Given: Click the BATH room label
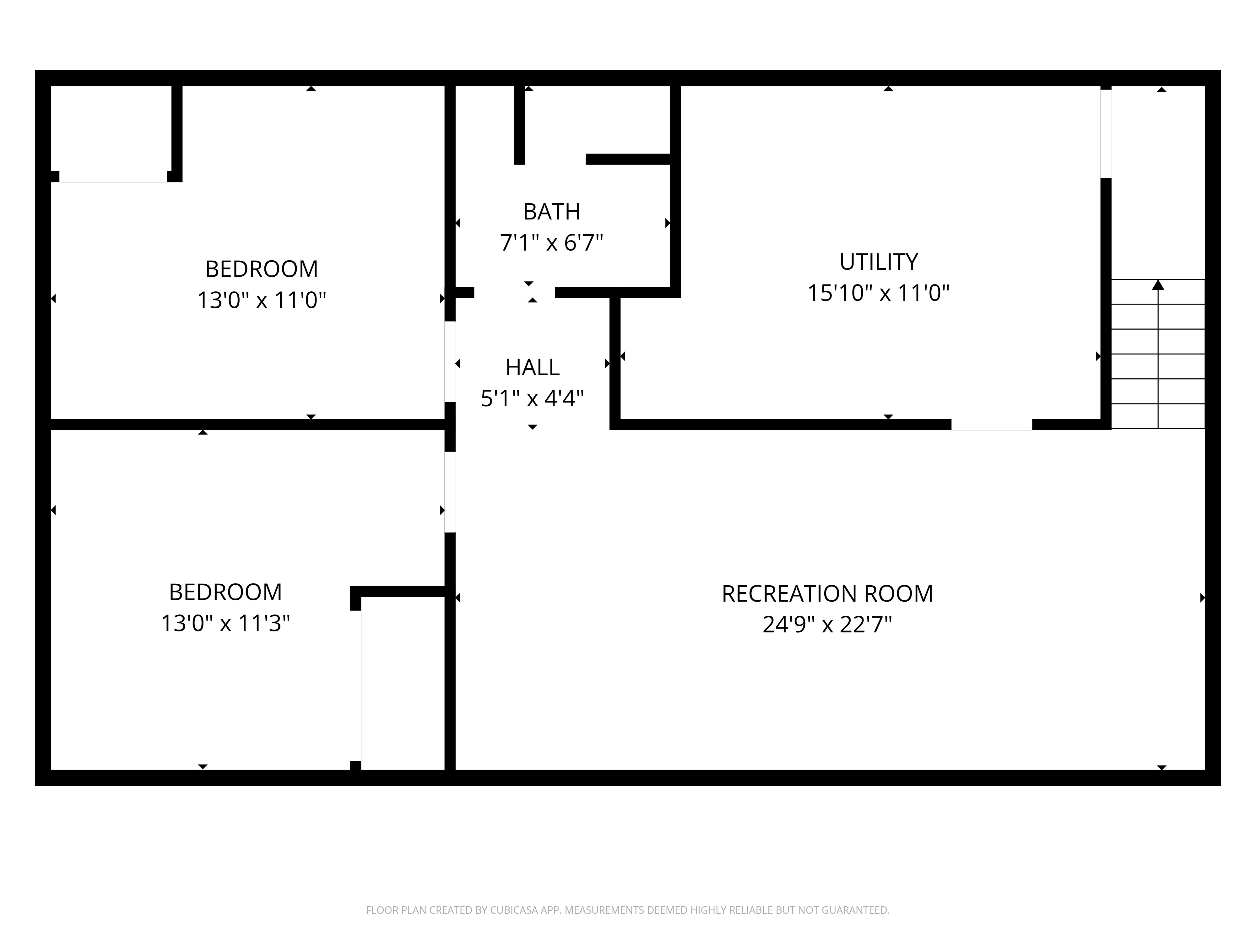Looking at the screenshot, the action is tap(551, 212).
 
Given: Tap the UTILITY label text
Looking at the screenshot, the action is tap(878, 262).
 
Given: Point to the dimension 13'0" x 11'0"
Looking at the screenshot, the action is tap(262, 300).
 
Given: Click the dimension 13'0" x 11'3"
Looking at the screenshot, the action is tap(225, 624).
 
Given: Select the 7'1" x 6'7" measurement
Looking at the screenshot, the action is tap(551, 243).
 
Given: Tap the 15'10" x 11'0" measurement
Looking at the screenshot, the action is tap(878, 293).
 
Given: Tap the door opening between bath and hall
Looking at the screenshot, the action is tap(514, 292).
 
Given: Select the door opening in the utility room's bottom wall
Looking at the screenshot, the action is tap(991, 425).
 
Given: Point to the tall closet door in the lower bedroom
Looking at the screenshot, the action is tap(355, 685).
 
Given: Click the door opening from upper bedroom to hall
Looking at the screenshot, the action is tap(450, 362).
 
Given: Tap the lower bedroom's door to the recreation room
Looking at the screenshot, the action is tap(450, 492).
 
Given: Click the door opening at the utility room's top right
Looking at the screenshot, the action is tap(1106, 134).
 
